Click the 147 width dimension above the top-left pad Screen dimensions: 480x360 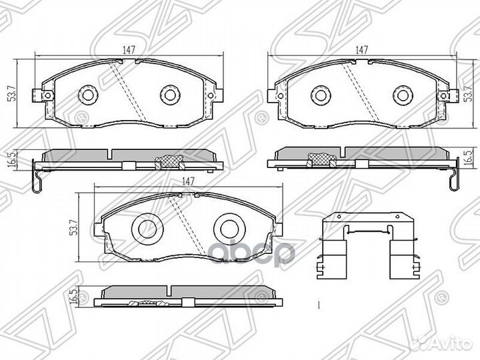pyautogui.click(x=129, y=50)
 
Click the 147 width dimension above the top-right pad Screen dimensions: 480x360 pyautogui.click(x=361, y=49)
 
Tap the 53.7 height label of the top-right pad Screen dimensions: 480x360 pyautogui.click(x=467, y=94)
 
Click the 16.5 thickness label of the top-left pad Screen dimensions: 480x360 pyautogui.click(x=13, y=159)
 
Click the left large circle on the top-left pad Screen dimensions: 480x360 pyautogui.click(x=88, y=94)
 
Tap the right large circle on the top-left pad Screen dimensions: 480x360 pyautogui.click(x=169, y=94)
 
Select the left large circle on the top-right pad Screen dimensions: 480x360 pyautogui.click(x=321, y=95)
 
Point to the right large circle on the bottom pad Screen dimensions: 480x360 pyautogui.click(x=229, y=229)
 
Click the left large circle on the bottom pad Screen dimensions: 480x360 pyautogui.click(x=147, y=229)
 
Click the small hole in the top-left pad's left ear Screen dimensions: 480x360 pyautogui.click(x=47, y=96)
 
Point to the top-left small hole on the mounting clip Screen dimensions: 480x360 pyautogui.click(x=339, y=217)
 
